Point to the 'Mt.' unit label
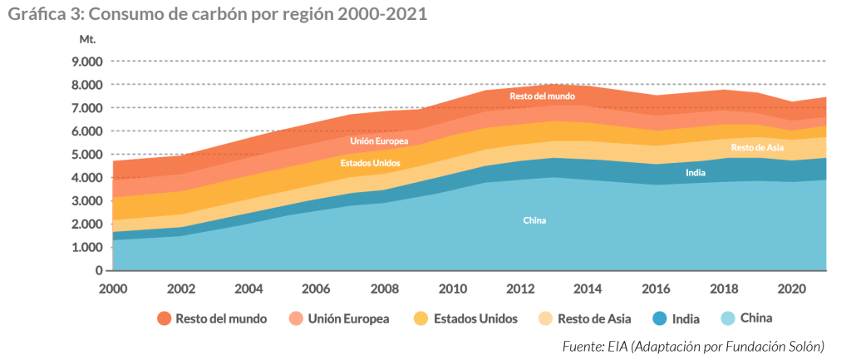[x=87, y=39]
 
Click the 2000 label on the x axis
[x=112, y=288]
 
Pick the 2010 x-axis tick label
[x=452, y=288]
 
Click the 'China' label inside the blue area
[x=534, y=220]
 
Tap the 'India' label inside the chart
[x=696, y=173]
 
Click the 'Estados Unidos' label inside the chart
[x=370, y=163]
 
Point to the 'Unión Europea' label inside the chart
[x=379, y=141]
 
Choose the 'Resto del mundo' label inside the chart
[x=542, y=96]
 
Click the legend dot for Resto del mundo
[x=164, y=318]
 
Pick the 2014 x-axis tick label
[x=588, y=288]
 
